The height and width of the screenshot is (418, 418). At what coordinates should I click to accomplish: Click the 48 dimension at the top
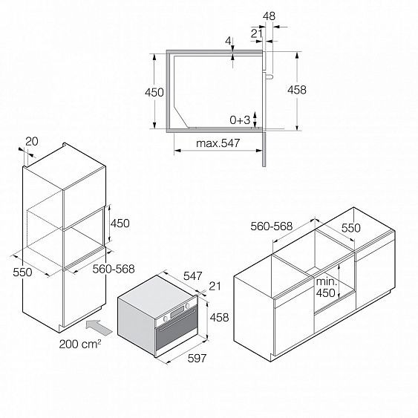tap(269, 16)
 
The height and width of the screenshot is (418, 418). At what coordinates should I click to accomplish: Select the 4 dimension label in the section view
tap(229, 42)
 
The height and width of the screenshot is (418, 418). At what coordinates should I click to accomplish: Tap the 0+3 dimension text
tap(240, 120)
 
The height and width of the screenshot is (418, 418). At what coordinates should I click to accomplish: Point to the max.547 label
tap(218, 143)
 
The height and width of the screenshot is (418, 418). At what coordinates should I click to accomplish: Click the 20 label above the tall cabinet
tap(32, 141)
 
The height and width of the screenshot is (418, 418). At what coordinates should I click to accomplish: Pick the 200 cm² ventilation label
tap(80, 344)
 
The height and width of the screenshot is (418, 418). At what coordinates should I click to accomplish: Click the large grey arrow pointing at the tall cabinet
tap(99, 327)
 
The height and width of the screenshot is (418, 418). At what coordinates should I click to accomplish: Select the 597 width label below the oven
tap(197, 359)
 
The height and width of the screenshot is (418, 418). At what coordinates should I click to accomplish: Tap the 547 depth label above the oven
tap(193, 276)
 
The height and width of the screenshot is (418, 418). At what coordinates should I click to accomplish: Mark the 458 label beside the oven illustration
tap(220, 318)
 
